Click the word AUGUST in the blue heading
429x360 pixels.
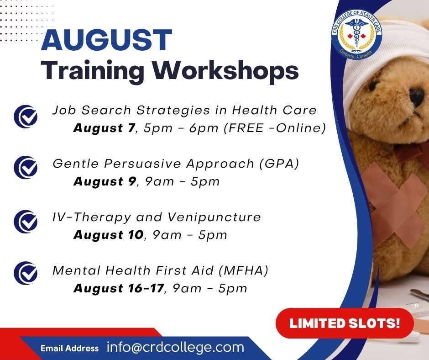106,40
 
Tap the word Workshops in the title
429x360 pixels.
225,70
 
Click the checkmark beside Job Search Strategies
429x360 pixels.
26,116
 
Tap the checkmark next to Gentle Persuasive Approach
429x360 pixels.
26,167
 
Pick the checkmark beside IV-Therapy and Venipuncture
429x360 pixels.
26,222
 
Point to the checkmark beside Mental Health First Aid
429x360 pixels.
26,273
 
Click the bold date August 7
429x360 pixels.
104,128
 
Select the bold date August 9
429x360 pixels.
105,181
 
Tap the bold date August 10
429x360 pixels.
109,235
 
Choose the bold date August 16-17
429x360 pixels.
119,288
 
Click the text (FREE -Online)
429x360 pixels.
275,128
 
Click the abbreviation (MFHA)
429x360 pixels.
244,270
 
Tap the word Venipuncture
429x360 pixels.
214,217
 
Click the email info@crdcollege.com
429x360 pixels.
175,347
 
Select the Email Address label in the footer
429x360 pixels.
69,348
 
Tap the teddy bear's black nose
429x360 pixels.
417,97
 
